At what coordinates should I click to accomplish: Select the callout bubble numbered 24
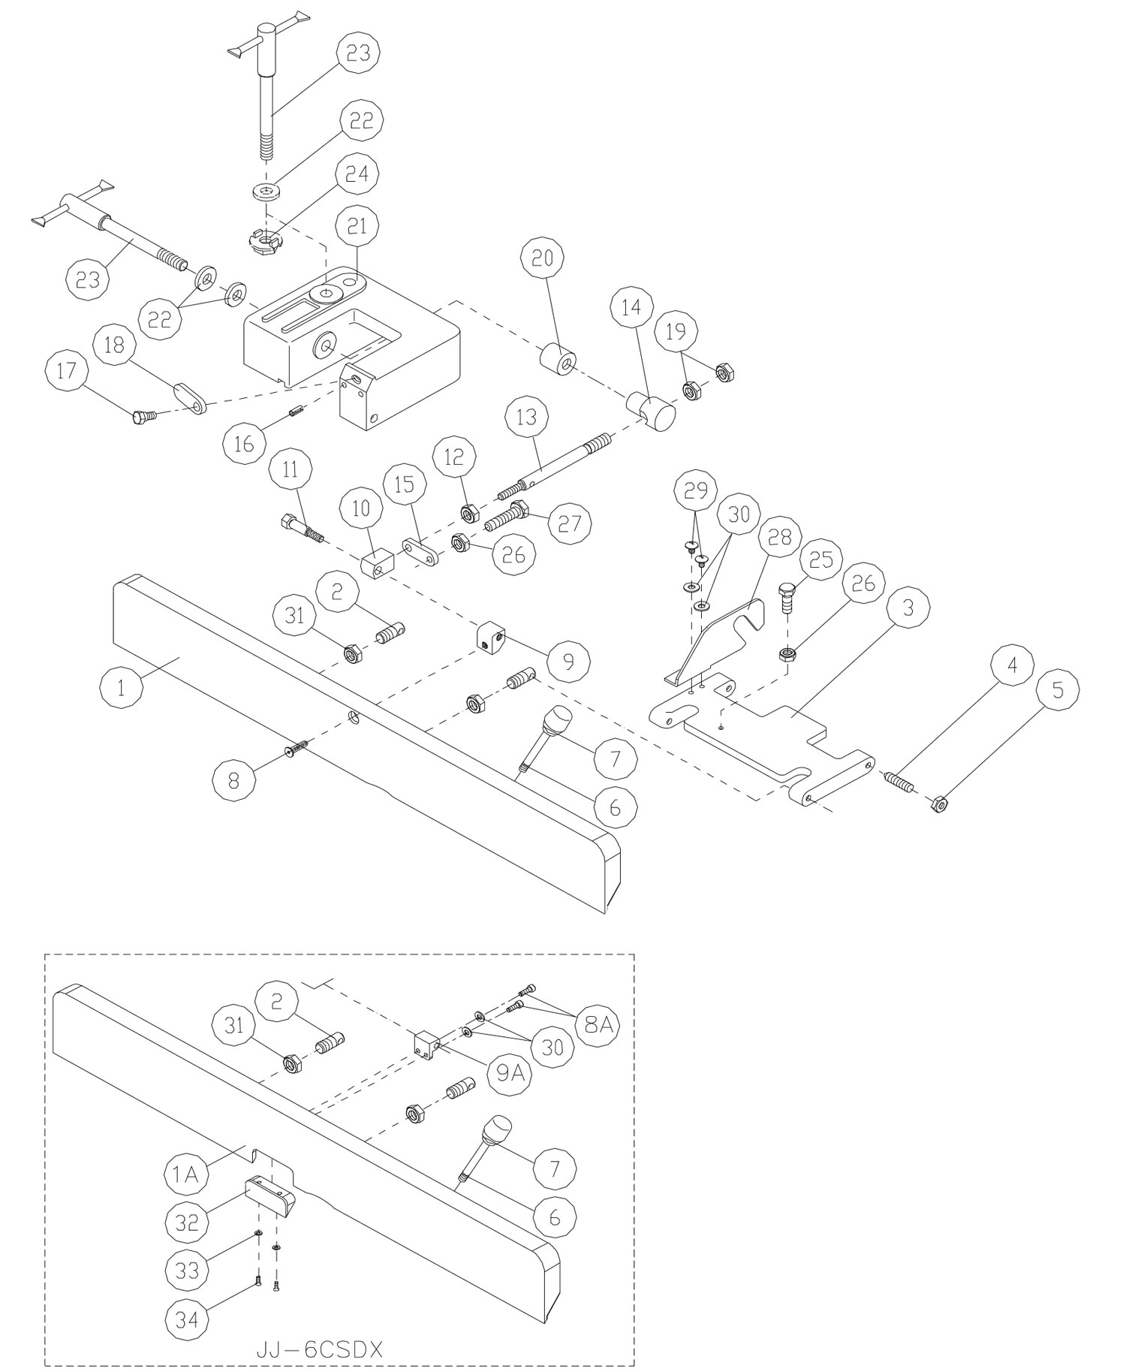[357, 173]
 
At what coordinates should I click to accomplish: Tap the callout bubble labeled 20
[543, 258]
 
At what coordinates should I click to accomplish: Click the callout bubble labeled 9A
[510, 1073]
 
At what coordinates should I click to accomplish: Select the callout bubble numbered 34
[186, 1318]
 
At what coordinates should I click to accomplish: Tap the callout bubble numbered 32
[186, 1223]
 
